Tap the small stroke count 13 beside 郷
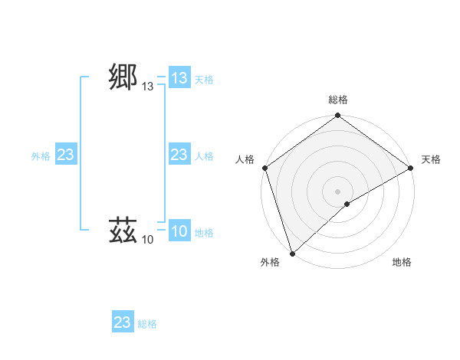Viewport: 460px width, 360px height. pyautogui.click(x=148, y=87)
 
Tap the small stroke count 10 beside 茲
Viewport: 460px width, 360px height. pyautogui.click(x=148, y=240)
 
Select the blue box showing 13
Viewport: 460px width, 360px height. pyautogui.click(x=179, y=78)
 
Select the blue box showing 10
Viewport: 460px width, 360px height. pyautogui.click(x=179, y=231)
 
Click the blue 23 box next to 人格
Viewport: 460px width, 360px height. pyautogui.click(x=179, y=155)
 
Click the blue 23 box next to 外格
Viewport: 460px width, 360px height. pyautogui.click(x=66, y=155)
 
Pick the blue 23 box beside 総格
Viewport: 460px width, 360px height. pyautogui.click(x=123, y=322)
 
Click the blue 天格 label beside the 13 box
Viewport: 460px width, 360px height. pyautogui.click(x=204, y=80)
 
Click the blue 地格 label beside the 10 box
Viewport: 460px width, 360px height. pyautogui.click(x=204, y=233)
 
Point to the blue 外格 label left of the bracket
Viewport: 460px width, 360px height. pyautogui.click(x=41, y=156)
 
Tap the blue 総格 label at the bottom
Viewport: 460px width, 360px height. pyautogui.click(x=147, y=324)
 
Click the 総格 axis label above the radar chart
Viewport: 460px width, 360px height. pyautogui.click(x=338, y=100)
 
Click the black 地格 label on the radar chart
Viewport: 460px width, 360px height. pyautogui.click(x=402, y=262)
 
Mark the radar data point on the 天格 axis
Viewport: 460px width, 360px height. pyautogui.click(x=411, y=168)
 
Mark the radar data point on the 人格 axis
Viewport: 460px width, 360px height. pyautogui.click(x=264, y=168)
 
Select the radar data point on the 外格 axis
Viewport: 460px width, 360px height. pyautogui.click(x=293, y=253)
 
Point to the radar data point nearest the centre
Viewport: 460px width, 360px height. pyautogui.click(x=347, y=204)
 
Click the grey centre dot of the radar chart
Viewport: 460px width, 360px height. pyautogui.click(x=338, y=191)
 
